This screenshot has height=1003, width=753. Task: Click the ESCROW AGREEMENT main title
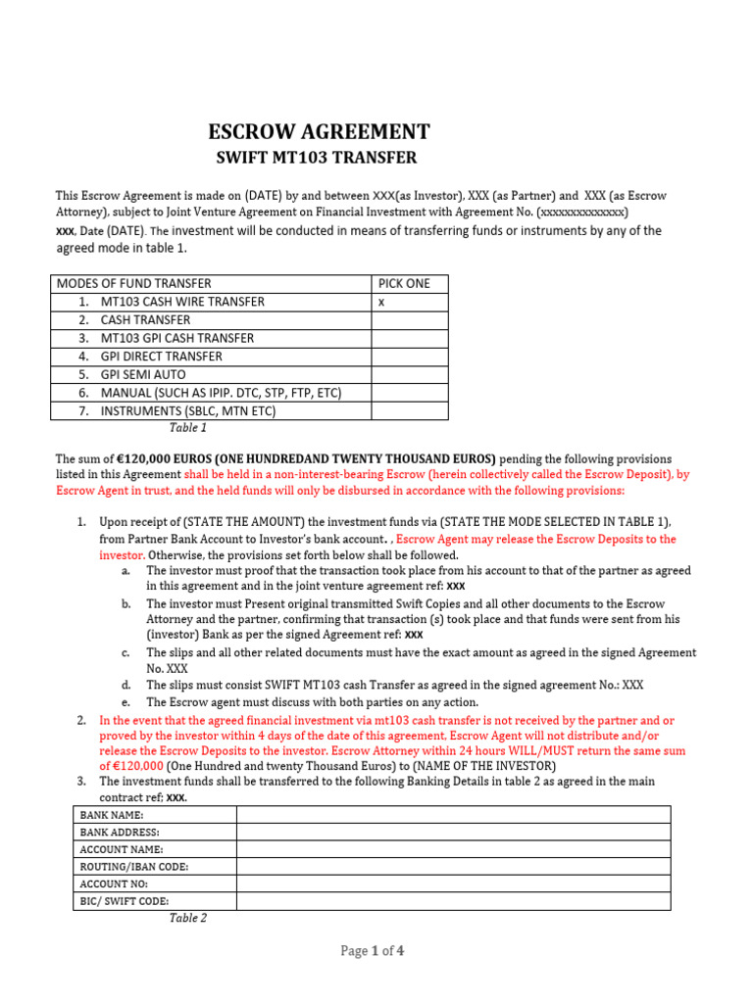(x=319, y=132)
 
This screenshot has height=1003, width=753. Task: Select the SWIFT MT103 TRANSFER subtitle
(x=316, y=158)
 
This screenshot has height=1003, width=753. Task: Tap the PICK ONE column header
(x=404, y=283)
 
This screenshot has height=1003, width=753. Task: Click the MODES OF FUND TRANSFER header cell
(x=134, y=283)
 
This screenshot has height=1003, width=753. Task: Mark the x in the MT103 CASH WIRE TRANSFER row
(x=381, y=302)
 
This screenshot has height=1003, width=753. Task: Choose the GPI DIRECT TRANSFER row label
(x=161, y=357)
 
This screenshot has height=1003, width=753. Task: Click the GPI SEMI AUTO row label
(x=142, y=374)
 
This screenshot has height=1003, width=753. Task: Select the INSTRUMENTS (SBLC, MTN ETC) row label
(x=187, y=410)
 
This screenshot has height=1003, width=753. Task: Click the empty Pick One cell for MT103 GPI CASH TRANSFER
(x=409, y=338)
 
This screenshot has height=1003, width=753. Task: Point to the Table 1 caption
(x=188, y=427)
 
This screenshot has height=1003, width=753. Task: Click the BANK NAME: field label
(x=112, y=815)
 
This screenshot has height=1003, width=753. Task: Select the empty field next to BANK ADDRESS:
(x=453, y=833)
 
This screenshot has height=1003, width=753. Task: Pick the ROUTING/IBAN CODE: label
(x=134, y=867)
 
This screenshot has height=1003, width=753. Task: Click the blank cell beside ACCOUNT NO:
(x=453, y=884)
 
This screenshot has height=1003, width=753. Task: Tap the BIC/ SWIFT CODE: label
(x=125, y=901)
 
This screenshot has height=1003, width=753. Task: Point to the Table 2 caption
(x=188, y=918)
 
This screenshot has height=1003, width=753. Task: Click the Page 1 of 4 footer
(x=373, y=950)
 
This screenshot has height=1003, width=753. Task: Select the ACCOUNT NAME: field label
(x=122, y=849)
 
